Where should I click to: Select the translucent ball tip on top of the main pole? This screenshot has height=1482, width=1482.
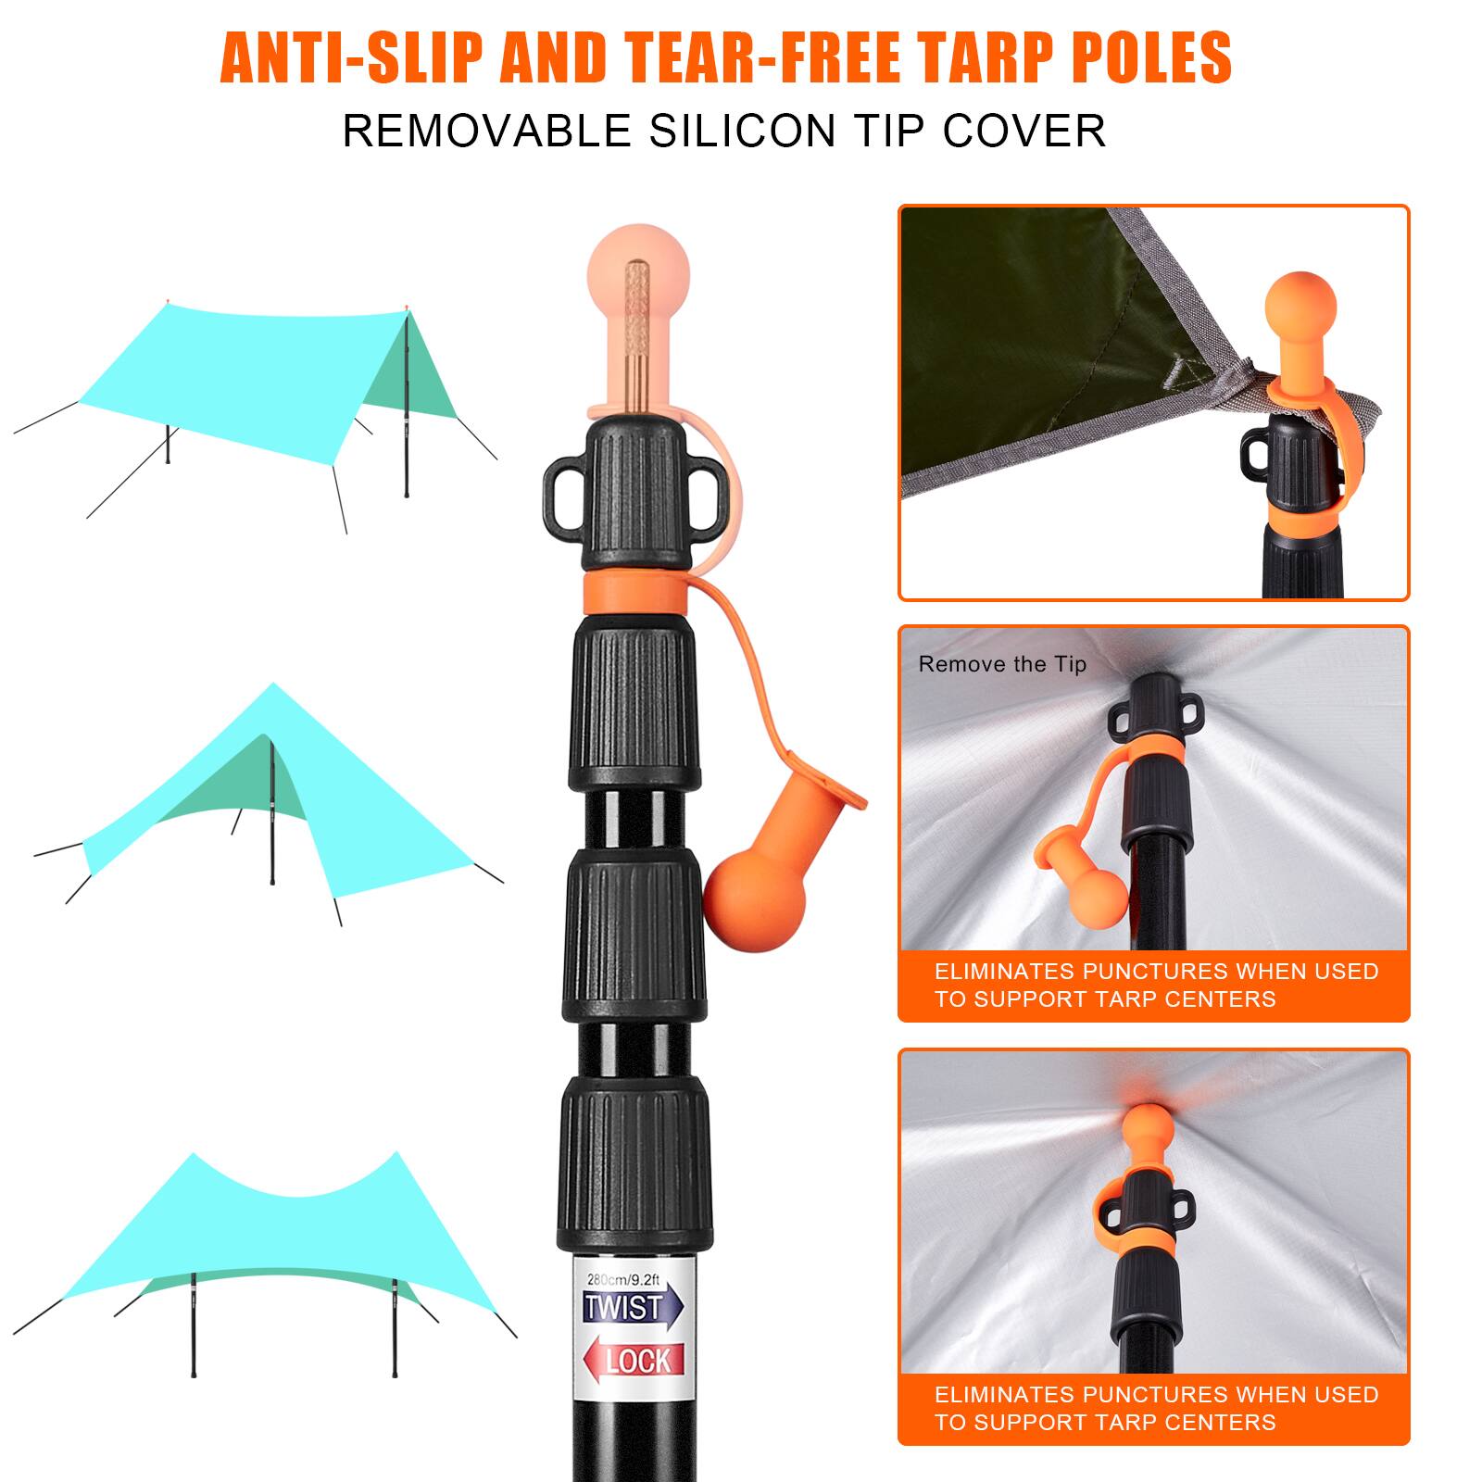[638, 269]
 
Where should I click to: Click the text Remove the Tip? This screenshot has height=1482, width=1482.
[1002, 664]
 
